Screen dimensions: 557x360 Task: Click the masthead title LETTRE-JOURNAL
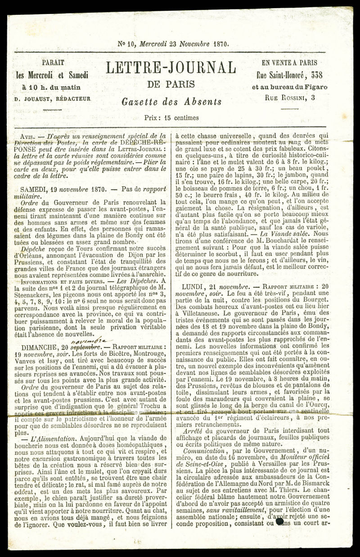[x=171, y=68]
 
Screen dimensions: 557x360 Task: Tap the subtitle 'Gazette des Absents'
[x=171, y=102]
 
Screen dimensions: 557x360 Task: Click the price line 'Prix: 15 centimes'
[x=171, y=118]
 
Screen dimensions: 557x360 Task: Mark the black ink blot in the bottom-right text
[x=280, y=522]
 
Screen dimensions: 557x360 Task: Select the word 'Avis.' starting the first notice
[x=28, y=136]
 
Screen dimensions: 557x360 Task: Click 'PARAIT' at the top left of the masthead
[x=53, y=63]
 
